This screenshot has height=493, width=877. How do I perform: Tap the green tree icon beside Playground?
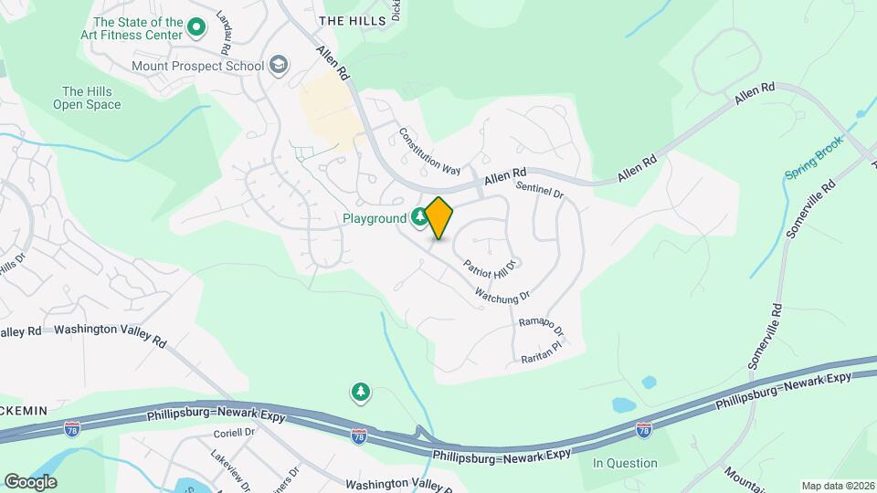coord(419,217)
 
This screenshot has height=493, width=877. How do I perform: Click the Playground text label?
coord(374,219)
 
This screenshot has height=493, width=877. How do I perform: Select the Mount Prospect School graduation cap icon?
coord(279,66)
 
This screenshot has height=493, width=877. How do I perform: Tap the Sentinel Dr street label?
coord(540,191)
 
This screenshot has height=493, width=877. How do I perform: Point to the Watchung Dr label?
coord(502,297)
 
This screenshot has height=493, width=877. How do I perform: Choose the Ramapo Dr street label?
coord(541,326)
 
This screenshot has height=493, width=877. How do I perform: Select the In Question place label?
coord(625,463)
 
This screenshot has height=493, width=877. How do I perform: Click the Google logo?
coord(30,481)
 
